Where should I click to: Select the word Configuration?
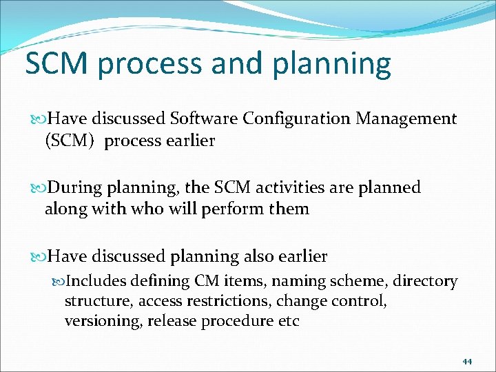pyautogui.click(x=296, y=119)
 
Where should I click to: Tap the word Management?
pyautogui.click(x=406, y=119)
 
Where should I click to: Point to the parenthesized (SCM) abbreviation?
pyautogui.click(x=70, y=141)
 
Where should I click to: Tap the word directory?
pyautogui.click(x=424, y=281)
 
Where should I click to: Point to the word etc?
pyautogui.click(x=288, y=322)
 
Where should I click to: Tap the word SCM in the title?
pyautogui.click(x=57, y=63)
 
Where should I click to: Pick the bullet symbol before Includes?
pyautogui.click(x=58, y=282)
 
